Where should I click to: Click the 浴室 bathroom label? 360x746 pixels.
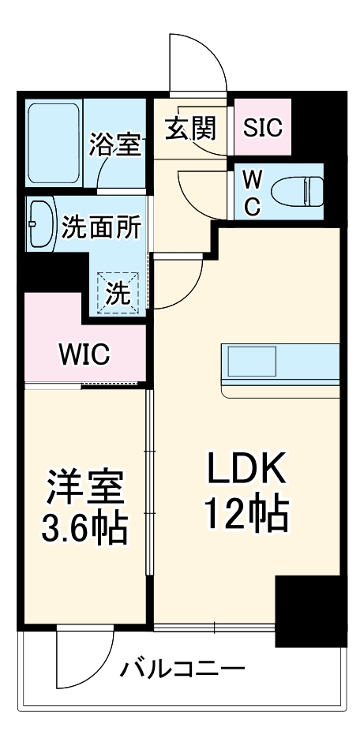click(x=115, y=144)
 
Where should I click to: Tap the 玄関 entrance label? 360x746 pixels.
click(x=190, y=128)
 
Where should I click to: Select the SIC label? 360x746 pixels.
click(x=262, y=128)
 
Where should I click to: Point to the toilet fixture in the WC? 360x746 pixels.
click(x=297, y=191)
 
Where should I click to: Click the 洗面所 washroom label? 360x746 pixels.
click(x=101, y=227)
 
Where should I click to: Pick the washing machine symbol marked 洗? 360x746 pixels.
click(x=118, y=294)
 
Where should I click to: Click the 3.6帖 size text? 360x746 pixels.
click(x=84, y=529)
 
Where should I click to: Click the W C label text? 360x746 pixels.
click(x=250, y=191)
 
